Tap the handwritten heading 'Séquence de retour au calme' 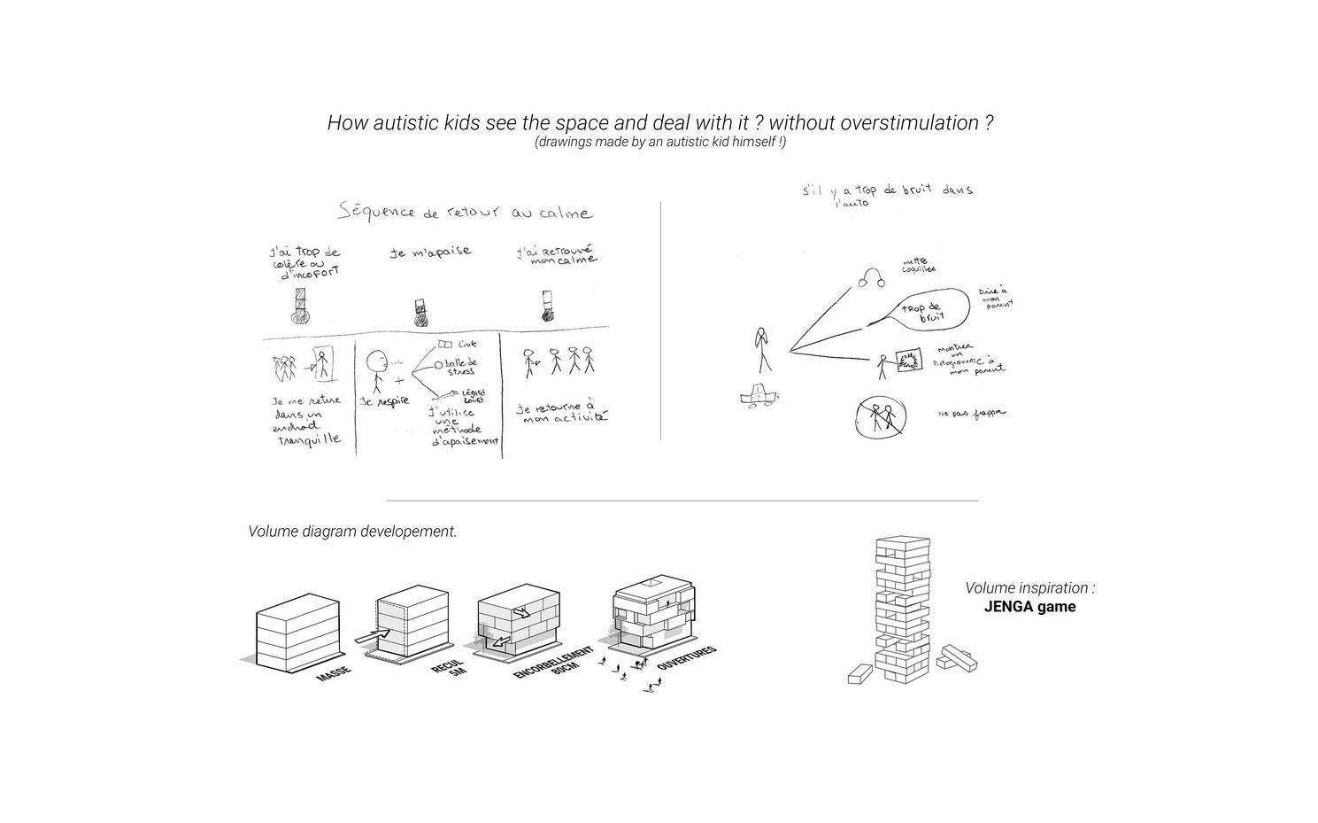466,213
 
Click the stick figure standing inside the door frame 322,364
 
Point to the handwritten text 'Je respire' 384,401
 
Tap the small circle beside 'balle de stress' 438,364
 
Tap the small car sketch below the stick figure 758,394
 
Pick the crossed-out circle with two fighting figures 881,416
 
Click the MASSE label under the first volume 333,673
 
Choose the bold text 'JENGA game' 1029,607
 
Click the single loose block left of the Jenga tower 859,675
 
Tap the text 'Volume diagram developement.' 352,532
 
